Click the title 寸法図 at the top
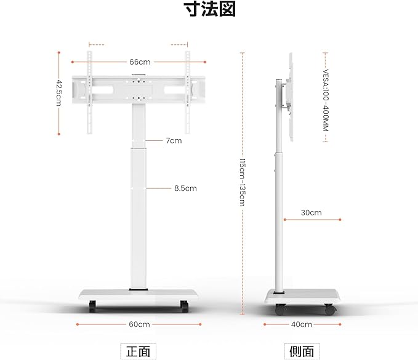click(x=209, y=10)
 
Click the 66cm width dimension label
click(x=140, y=62)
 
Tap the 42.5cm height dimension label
click(x=59, y=93)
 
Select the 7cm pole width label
click(x=174, y=140)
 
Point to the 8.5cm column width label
click(x=185, y=188)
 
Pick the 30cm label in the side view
click(x=311, y=212)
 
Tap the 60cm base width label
click(x=140, y=324)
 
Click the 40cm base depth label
click(x=302, y=324)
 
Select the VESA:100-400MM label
click(x=326, y=97)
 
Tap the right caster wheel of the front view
click(x=183, y=305)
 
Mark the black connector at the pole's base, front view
click(x=139, y=288)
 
